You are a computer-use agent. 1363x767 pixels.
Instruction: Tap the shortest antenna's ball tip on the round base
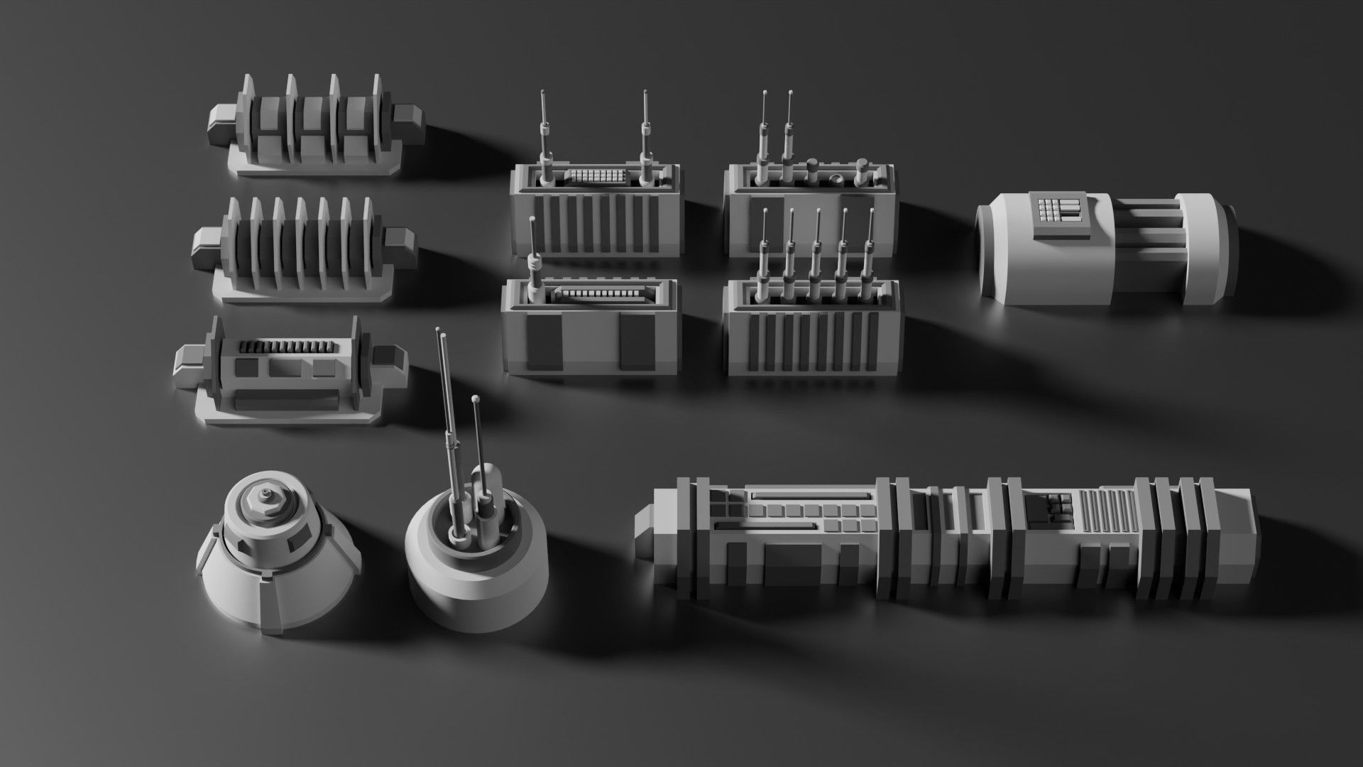(475, 403)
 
